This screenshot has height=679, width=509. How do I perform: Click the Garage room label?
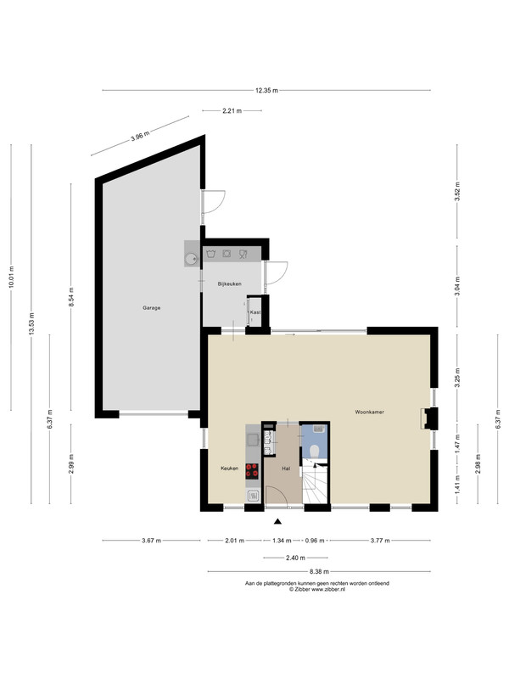tap(152, 308)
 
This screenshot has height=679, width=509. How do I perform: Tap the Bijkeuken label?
tap(229, 284)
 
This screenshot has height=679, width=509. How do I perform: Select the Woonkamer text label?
tap(369, 412)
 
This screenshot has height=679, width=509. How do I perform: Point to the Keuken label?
tap(229, 469)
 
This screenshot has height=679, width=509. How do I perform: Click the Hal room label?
tap(286, 469)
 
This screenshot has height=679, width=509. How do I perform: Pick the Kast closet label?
tap(255, 311)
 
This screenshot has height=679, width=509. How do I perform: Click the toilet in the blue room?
tap(315, 452)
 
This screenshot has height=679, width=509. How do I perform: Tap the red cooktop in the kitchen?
tap(252, 471)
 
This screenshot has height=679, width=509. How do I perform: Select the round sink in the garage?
tap(191, 260)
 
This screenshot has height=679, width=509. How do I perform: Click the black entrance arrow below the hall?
tap(278, 522)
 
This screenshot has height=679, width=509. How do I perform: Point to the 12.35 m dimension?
tap(266, 91)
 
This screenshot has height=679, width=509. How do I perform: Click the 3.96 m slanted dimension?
tap(140, 136)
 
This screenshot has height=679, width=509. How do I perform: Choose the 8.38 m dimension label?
tap(320, 571)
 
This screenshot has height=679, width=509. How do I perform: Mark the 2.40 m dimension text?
tap(295, 558)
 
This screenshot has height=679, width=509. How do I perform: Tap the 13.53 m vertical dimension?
tap(31, 323)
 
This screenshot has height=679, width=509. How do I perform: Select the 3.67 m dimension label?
tap(152, 541)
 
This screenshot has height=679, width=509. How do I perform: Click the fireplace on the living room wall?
tap(428, 418)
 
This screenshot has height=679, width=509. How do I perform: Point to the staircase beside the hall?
tap(316, 483)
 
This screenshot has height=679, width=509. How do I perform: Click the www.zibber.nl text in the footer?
tap(328, 589)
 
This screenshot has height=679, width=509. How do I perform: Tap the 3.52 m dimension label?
tap(457, 191)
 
